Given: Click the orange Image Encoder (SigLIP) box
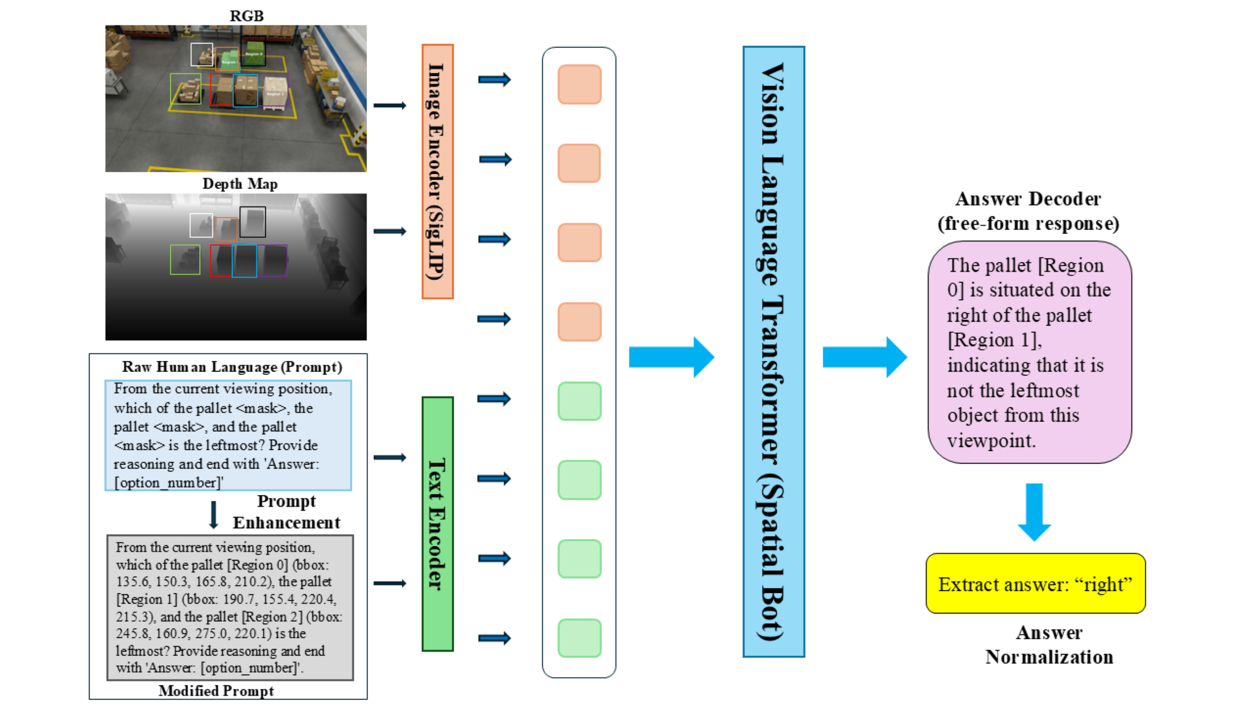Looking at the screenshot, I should pyautogui.click(x=438, y=171).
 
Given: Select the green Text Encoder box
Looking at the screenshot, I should pyautogui.click(x=438, y=524).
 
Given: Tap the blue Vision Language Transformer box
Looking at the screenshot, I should pyautogui.click(x=774, y=352).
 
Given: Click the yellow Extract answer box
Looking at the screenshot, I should pyautogui.click(x=1035, y=584).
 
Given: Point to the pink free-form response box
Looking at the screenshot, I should pyautogui.click(x=1029, y=352).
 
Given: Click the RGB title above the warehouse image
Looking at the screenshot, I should pyautogui.click(x=247, y=16).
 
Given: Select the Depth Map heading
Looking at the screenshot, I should pyautogui.click(x=240, y=183).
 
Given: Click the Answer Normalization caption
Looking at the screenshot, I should pyautogui.click(x=1049, y=645).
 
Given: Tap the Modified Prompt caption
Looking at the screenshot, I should pyautogui.click(x=216, y=691).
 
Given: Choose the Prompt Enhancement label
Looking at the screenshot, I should pyautogui.click(x=286, y=512).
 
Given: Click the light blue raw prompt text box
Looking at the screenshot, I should pyautogui.click(x=228, y=435).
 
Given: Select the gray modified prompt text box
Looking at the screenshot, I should pyautogui.click(x=230, y=607).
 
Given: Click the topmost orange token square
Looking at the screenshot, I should pyautogui.click(x=579, y=84).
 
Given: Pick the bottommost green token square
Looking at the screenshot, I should pyautogui.click(x=579, y=638).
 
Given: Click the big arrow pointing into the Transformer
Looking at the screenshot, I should pyautogui.click(x=671, y=357).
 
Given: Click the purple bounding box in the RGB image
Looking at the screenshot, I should pyautogui.click(x=276, y=90).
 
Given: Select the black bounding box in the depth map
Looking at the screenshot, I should pyautogui.click(x=253, y=222).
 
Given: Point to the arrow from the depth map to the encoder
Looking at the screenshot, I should pyautogui.click(x=390, y=231).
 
